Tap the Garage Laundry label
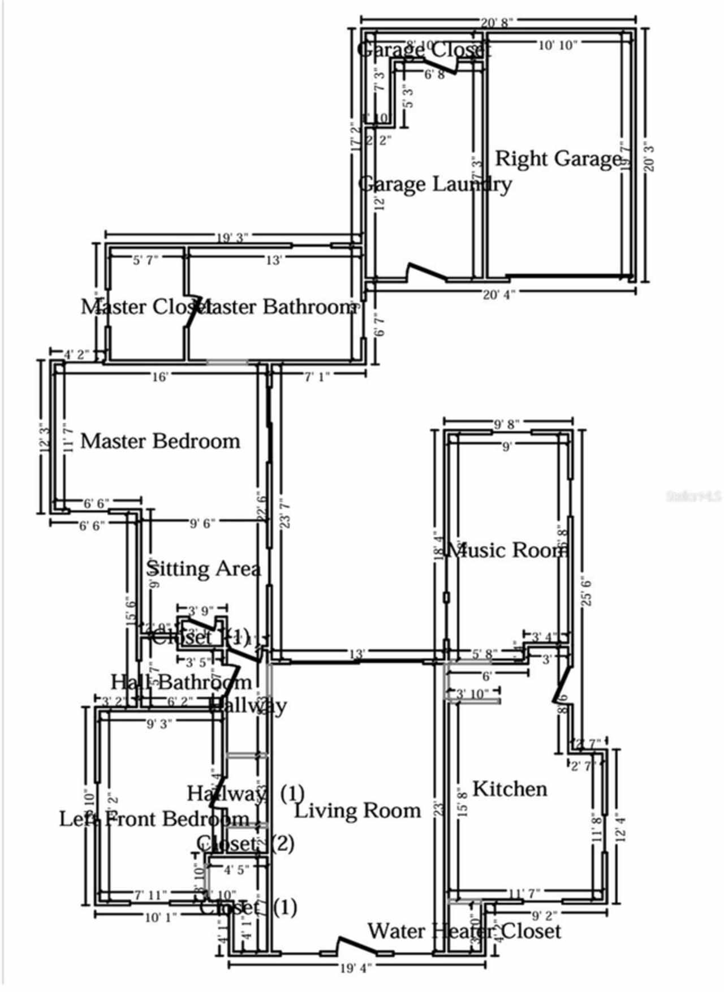click(x=435, y=184)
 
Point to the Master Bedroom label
click(x=160, y=441)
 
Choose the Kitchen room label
click(x=510, y=789)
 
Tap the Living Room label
click(x=358, y=811)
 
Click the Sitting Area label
click(x=204, y=569)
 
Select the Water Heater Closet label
click(x=464, y=931)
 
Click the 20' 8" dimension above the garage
click(x=497, y=23)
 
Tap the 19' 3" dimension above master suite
click(x=232, y=238)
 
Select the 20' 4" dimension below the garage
click(x=498, y=295)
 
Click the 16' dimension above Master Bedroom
click(x=160, y=377)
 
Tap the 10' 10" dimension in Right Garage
click(x=558, y=45)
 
